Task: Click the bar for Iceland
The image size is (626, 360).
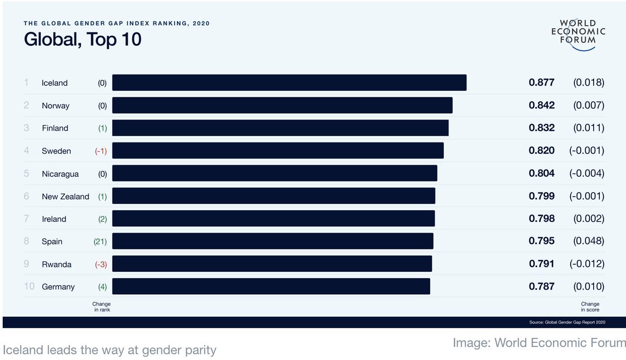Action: coord(289,83)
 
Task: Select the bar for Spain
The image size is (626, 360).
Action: coord(272,241)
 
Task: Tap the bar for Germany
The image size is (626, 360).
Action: coord(271,286)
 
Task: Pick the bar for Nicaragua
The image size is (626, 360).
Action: coord(274,173)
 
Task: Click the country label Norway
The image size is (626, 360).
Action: coord(55,105)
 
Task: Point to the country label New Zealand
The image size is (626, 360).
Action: coord(65,196)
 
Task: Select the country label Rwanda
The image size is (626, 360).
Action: coord(57,264)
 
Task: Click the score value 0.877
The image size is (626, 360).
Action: coord(541,82)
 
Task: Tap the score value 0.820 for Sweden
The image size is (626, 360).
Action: coord(541,151)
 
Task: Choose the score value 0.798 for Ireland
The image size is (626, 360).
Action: coord(541,219)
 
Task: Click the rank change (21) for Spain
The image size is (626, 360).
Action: coord(100,242)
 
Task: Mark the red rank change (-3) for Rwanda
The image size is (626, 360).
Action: coord(101,264)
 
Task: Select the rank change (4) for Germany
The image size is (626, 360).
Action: coord(102,286)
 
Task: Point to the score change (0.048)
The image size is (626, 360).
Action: coord(588,241)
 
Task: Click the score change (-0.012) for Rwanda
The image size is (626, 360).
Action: coord(586,264)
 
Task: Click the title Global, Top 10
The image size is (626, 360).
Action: coord(82,40)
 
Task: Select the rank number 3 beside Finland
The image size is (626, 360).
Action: coord(26,128)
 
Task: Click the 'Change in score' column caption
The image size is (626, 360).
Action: coord(590,307)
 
